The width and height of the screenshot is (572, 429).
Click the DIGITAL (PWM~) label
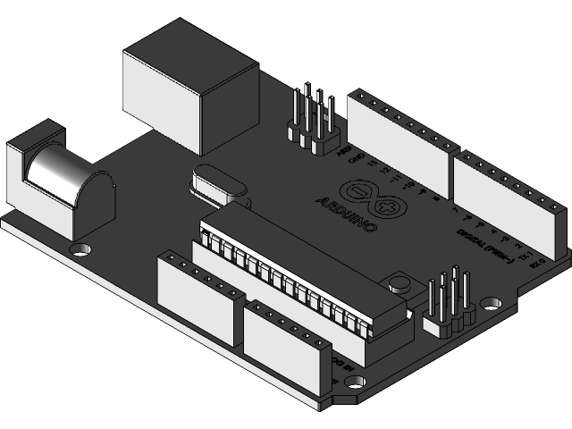pyautogui.click(x=487, y=246)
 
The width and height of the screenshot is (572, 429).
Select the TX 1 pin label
pyautogui.click(x=534, y=265)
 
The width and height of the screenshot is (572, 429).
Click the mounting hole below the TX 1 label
pyautogui.click(x=490, y=304)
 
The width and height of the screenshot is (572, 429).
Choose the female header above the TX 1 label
pyautogui.click(x=509, y=201)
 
